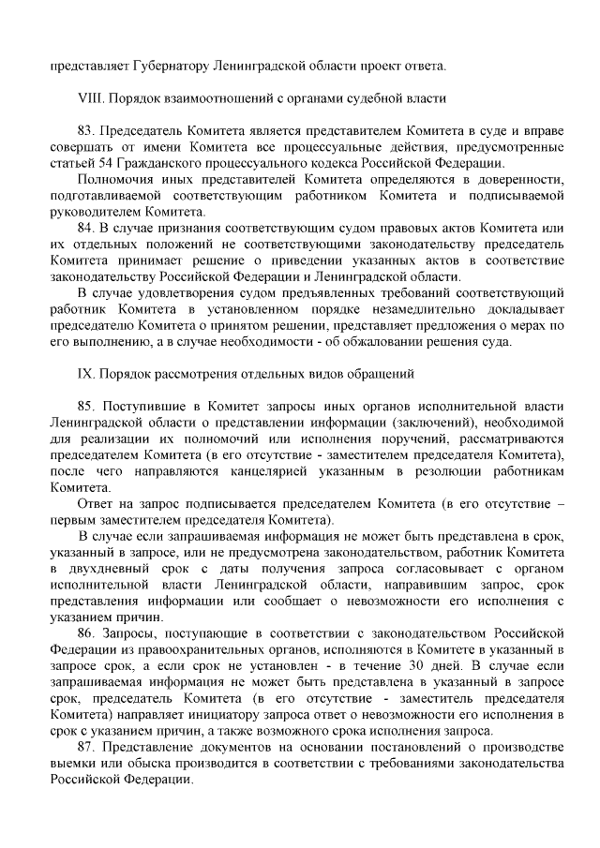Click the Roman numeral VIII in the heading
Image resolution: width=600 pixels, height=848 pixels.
(90, 97)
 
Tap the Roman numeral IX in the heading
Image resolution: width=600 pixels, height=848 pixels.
(85, 374)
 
